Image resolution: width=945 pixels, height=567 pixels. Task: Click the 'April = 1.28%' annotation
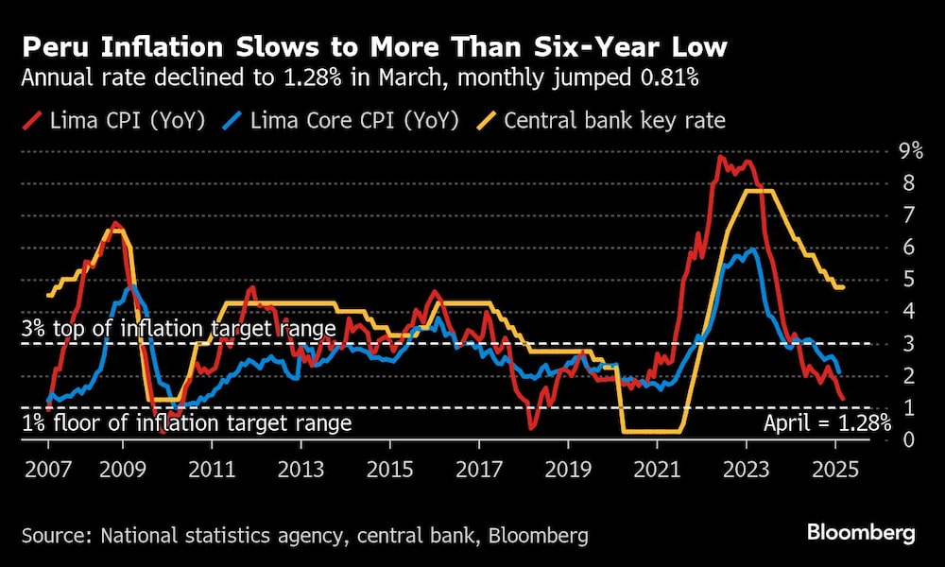click(826, 422)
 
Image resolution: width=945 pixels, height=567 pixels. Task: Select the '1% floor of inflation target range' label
click(186, 422)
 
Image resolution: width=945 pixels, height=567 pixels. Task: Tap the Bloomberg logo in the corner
click(860, 533)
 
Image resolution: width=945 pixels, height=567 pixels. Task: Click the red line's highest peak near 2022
click(721, 158)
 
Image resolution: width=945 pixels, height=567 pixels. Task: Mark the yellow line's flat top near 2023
click(760, 192)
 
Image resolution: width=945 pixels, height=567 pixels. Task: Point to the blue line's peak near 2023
click(751, 250)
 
